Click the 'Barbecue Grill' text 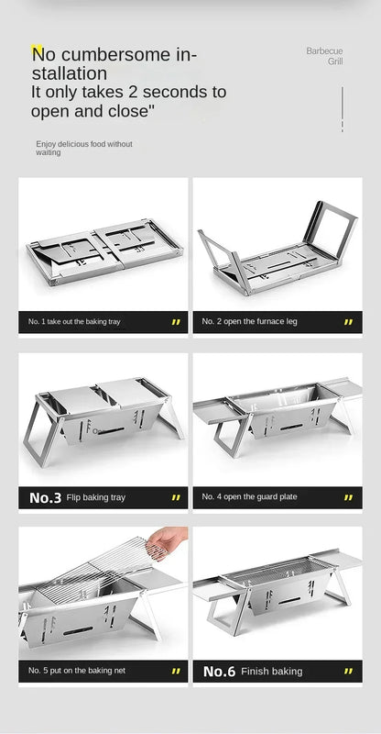coord(324,56)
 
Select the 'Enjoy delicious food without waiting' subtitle coord(84,148)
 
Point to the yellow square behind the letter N coord(37,50)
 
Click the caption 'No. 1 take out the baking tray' coord(74,322)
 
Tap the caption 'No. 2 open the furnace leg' coord(249,322)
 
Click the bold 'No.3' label coord(46,497)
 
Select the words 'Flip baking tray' coord(96,497)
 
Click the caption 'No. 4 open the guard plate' coord(249,496)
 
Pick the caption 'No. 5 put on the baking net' coord(77,671)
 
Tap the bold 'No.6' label coord(219,672)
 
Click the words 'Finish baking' coord(272,672)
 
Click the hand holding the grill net coord(167,540)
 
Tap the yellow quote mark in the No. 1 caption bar coord(176,322)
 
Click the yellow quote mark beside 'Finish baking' coord(348,672)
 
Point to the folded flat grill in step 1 coord(104,251)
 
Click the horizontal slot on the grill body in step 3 coord(111,430)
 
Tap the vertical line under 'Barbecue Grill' coord(343,109)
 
